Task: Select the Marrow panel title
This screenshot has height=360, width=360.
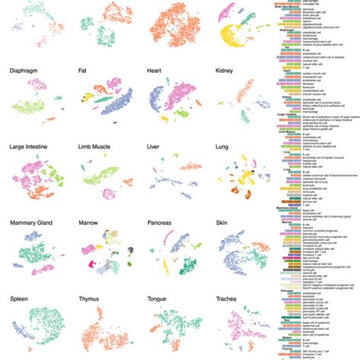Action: click(x=90, y=224)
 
